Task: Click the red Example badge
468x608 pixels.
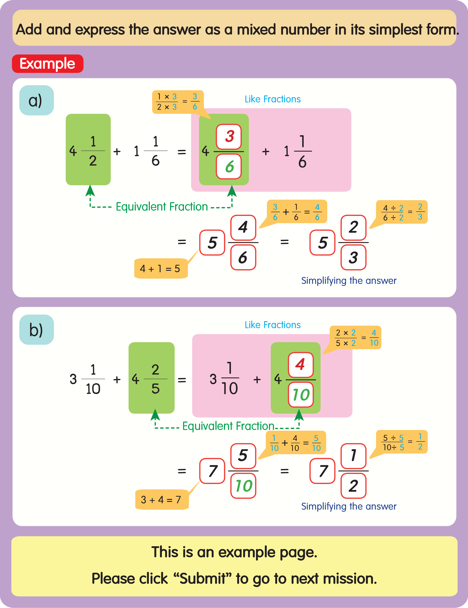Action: coord(47,64)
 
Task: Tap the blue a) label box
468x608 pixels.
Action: coord(36,100)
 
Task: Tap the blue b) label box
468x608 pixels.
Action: coord(36,330)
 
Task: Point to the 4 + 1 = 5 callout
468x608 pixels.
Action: coord(160,268)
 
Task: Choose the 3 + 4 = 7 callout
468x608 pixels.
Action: coord(162,499)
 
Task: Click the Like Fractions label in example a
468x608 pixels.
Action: coord(273,99)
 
